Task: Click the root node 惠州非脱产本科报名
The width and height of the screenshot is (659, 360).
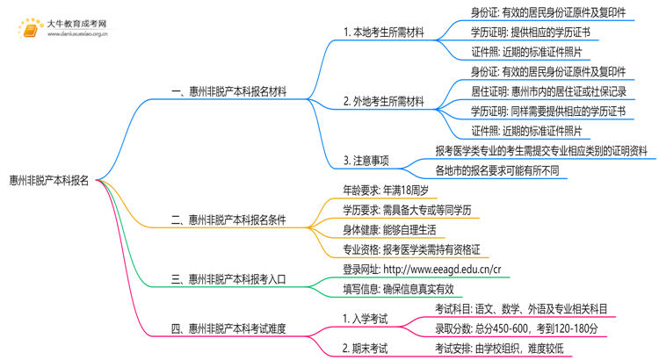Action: [49, 181]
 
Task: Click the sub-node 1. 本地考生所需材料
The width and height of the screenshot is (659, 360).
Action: [383, 32]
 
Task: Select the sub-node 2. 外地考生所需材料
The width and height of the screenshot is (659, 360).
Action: [383, 101]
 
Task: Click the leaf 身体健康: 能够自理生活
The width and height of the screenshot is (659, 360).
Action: [388, 230]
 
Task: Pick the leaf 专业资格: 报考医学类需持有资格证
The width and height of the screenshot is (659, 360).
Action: [416, 250]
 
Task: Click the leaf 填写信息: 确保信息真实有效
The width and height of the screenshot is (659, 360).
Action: [398, 289]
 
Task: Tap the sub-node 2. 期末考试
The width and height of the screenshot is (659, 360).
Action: [365, 349]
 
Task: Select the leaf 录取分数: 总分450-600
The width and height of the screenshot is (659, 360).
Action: [517, 328]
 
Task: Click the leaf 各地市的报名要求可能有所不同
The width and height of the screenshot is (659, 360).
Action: [497, 170]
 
